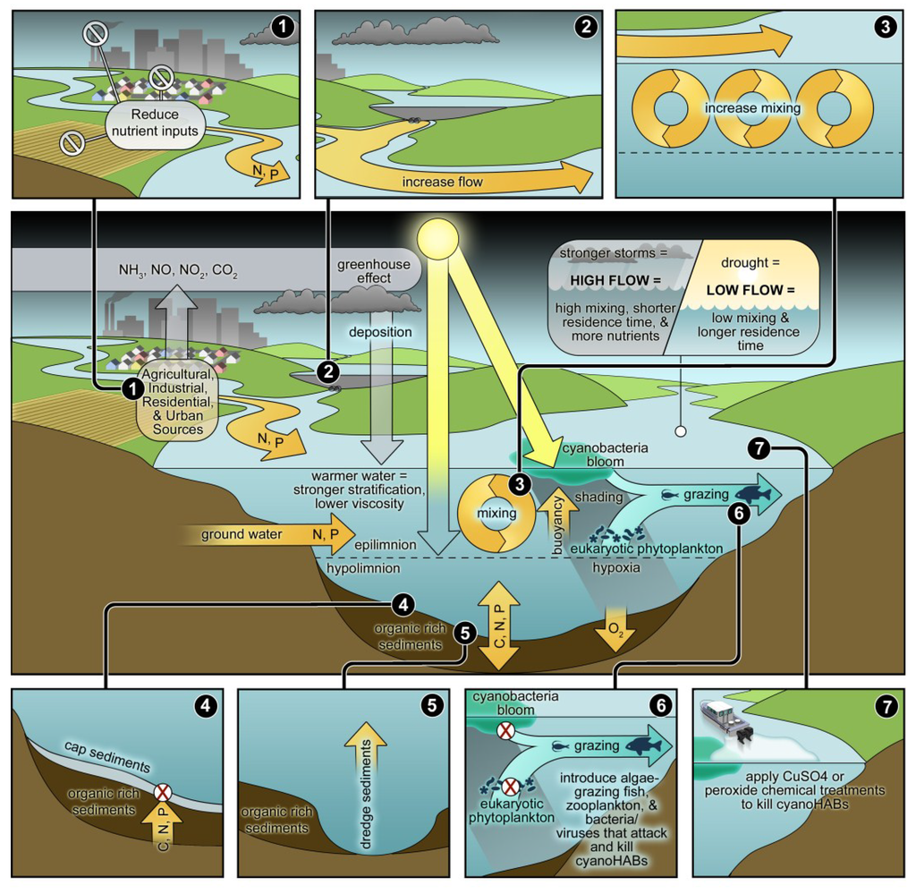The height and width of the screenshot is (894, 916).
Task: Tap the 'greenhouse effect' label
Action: point(374,271)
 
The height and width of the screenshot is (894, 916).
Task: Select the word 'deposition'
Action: point(387,332)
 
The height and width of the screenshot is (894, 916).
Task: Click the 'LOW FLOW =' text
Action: point(751,291)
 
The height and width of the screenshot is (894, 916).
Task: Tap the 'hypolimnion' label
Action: point(361,567)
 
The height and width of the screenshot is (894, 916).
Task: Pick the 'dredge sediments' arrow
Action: point(371,778)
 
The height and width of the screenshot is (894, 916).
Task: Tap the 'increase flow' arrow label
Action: point(443,183)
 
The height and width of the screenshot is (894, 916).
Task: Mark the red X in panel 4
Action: point(163,792)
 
